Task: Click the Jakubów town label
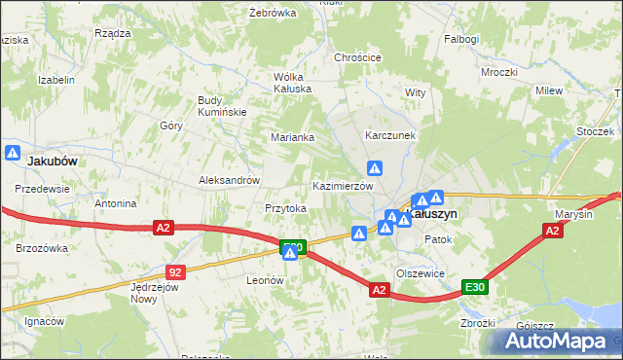click(x=52, y=161)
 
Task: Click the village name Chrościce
click(x=357, y=57)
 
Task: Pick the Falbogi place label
click(x=461, y=39)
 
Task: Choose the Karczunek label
click(x=390, y=135)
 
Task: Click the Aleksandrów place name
click(x=229, y=180)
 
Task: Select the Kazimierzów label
click(x=343, y=186)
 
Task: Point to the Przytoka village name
click(x=286, y=208)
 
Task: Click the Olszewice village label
click(x=421, y=273)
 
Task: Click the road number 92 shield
click(x=174, y=273)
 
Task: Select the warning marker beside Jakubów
click(x=13, y=153)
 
